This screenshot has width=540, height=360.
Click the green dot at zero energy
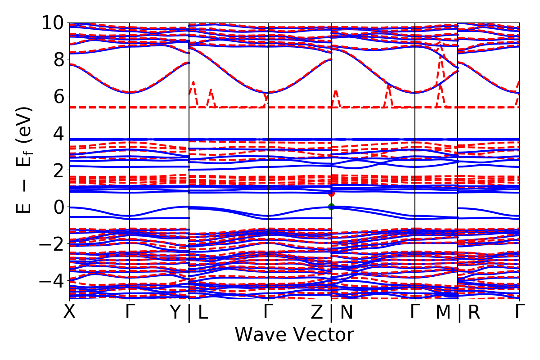point(332,207)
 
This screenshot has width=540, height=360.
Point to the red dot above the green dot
point(332,193)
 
